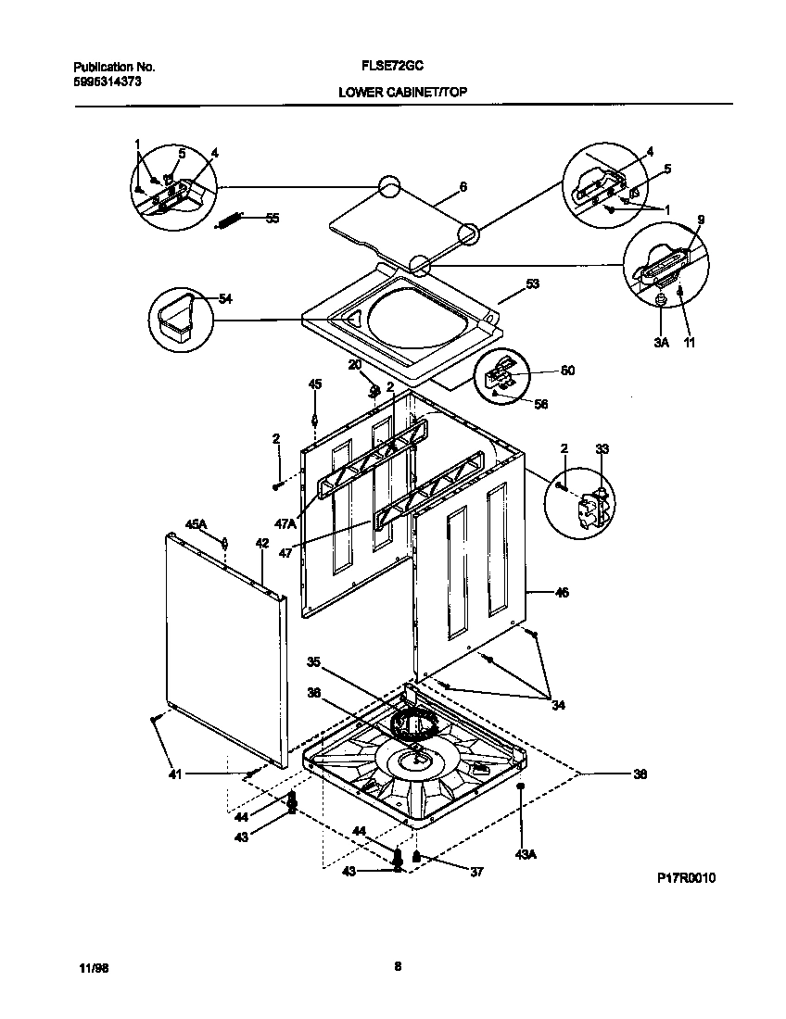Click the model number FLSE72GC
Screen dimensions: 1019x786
[392, 68]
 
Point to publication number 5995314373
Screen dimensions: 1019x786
[107, 82]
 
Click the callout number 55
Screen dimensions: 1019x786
[272, 219]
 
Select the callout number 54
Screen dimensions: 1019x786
[225, 298]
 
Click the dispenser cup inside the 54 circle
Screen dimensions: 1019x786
[177, 316]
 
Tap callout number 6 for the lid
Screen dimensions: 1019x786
[463, 186]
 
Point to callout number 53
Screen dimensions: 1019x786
[532, 284]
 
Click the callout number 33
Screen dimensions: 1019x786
[602, 449]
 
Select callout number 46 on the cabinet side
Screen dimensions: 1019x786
[562, 592]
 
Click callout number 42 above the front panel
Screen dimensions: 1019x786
[262, 543]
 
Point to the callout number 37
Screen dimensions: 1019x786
[477, 872]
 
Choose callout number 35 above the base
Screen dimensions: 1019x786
[314, 661]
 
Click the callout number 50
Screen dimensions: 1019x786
[567, 371]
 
